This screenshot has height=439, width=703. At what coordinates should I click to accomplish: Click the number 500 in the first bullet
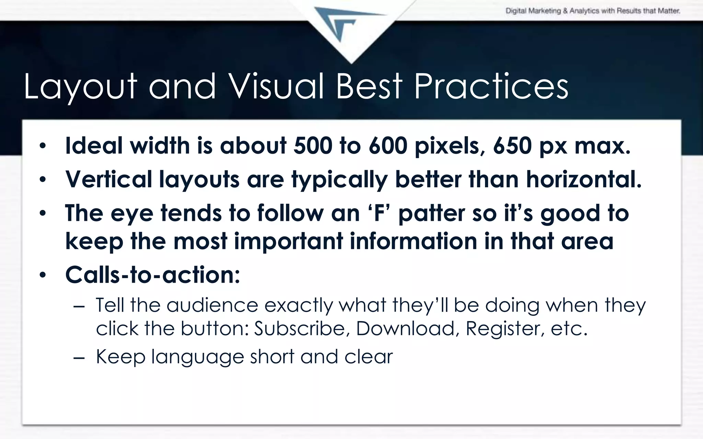[313, 146]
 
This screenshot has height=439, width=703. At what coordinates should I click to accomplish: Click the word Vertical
[108, 179]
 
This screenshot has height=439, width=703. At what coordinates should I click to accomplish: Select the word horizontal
[584, 179]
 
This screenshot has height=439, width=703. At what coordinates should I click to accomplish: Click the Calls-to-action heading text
[152, 275]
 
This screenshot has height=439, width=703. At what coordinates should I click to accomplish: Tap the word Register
[505, 329]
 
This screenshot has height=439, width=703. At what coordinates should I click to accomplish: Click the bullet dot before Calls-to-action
[42, 275]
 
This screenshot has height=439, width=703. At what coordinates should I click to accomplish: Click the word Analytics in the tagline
[584, 11]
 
